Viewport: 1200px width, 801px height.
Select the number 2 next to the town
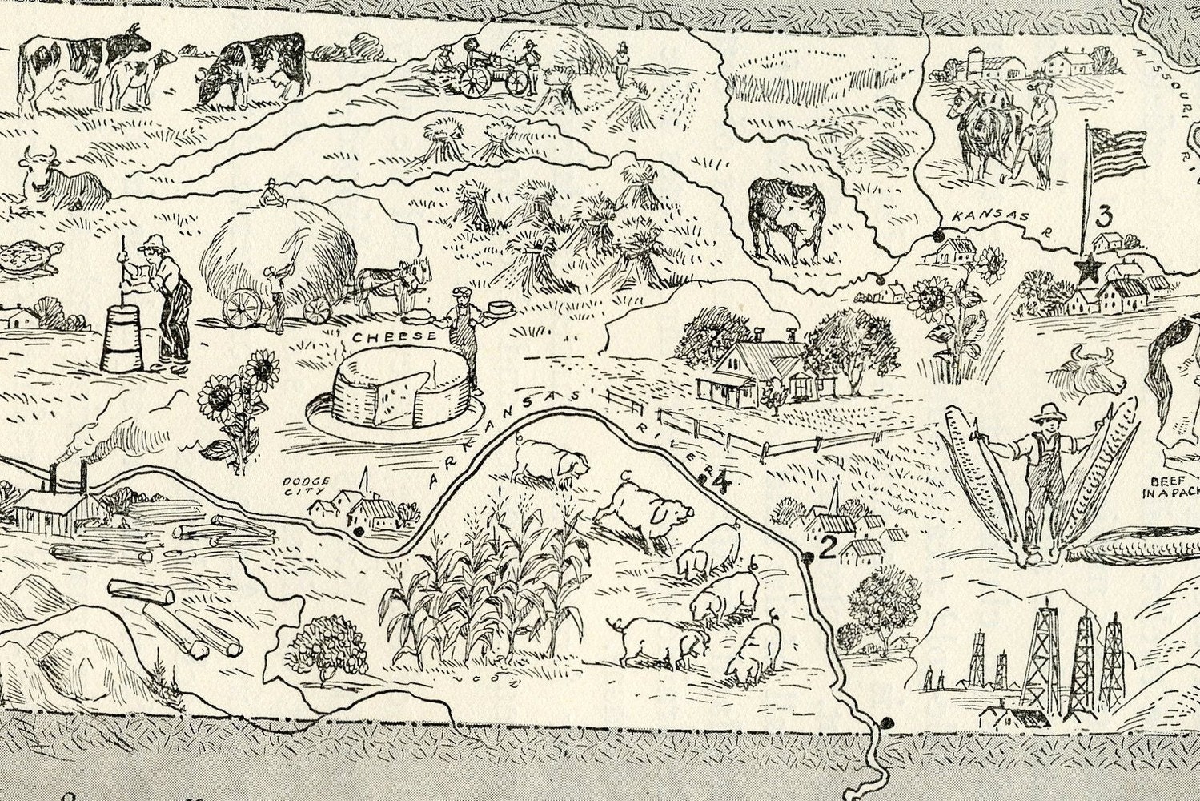tap(828, 548)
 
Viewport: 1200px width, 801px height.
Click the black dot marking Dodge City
tap(357, 530)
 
